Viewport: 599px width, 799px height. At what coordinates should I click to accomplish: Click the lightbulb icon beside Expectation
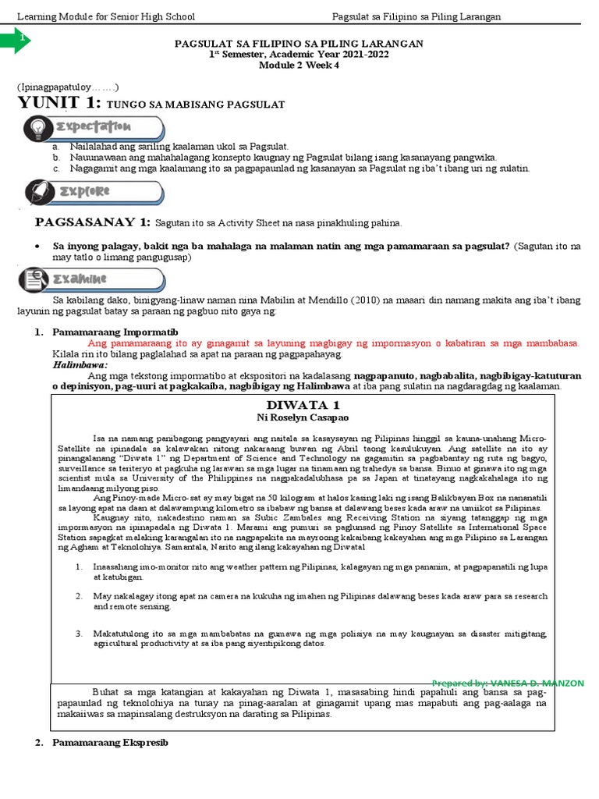[37, 127]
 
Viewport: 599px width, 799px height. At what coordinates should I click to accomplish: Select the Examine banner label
[85, 279]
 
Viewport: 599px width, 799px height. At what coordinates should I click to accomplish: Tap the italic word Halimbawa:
[80, 364]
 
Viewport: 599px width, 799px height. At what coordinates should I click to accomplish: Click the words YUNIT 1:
[59, 103]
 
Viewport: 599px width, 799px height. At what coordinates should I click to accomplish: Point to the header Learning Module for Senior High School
[106, 16]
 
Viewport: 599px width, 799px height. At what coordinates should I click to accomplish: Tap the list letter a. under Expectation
[56, 146]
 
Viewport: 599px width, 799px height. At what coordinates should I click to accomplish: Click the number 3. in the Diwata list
[79, 633]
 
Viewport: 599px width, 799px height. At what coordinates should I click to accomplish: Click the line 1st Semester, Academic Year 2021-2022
[299, 55]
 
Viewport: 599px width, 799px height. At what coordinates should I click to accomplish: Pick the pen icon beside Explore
[37, 191]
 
